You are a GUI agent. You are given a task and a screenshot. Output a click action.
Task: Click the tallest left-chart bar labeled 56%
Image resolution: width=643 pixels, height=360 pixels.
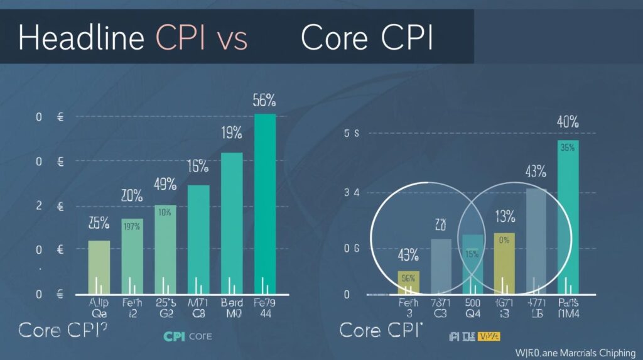click(265, 201)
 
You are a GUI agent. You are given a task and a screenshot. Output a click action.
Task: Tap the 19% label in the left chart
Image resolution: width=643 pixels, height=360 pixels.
click(232, 133)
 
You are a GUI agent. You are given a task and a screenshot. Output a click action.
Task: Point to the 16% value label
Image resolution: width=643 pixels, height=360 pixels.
click(198, 166)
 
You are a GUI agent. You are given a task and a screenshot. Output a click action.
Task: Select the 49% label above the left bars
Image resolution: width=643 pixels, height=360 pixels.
click(165, 185)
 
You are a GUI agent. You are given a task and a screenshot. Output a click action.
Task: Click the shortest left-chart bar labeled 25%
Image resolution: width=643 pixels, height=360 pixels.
click(99, 267)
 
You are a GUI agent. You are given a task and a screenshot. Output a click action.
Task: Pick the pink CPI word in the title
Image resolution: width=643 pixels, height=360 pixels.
click(181, 39)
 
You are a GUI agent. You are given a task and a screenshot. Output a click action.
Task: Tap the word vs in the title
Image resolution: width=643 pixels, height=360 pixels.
click(232, 39)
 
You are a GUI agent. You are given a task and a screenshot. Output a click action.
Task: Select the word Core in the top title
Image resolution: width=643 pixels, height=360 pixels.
click(333, 39)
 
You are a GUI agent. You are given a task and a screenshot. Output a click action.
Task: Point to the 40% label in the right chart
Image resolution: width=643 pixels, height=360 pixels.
click(568, 122)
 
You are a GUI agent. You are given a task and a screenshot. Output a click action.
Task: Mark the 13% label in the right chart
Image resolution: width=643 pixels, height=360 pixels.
click(504, 217)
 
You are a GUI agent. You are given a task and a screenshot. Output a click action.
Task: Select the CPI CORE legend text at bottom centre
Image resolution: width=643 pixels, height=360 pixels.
click(187, 337)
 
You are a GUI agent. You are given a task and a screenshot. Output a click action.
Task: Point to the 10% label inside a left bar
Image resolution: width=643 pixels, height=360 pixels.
click(165, 212)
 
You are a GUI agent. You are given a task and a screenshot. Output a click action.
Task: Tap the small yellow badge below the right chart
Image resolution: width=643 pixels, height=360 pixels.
click(485, 336)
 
